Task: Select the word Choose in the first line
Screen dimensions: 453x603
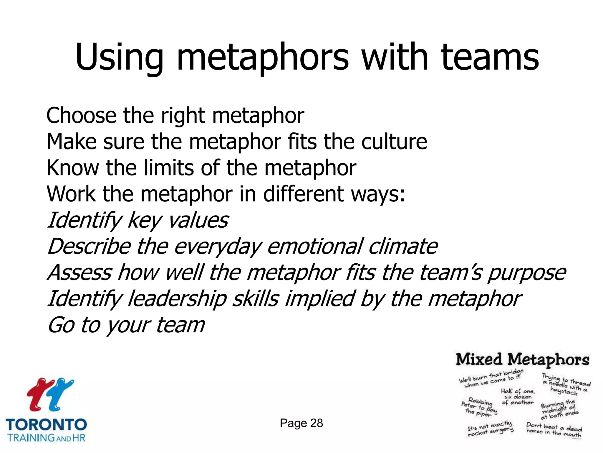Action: point(81,115)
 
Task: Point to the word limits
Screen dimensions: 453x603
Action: point(170,168)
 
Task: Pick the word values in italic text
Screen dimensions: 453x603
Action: point(198,220)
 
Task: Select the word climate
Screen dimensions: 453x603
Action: point(403,246)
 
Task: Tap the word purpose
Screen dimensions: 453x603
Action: point(526,273)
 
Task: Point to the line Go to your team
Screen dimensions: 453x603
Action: point(126,325)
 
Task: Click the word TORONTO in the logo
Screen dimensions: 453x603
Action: point(47,425)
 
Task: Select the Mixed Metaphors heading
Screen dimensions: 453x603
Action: point(522,360)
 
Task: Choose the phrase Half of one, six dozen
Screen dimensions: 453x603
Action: point(518,397)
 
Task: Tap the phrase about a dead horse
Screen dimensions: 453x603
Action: point(554,430)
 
